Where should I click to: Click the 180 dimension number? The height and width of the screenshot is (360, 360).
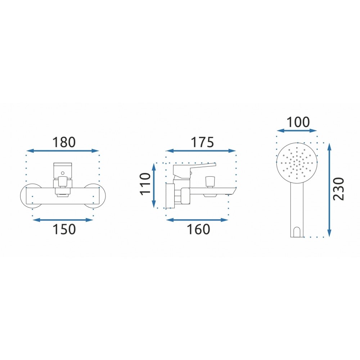[x=64, y=142]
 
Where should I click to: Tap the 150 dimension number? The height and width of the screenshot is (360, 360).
[x=64, y=229]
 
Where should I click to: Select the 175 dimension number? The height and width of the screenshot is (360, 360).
[x=202, y=142]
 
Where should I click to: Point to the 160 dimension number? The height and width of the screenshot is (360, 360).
[x=199, y=229]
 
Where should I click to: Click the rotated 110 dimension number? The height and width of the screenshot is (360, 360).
[x=145, y=184]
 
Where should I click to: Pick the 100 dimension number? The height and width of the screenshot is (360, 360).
[x=298, y=122]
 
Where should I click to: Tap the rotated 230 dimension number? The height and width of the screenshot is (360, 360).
[x=339, y=189]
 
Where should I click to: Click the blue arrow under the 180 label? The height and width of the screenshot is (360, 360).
[x=63, y=151]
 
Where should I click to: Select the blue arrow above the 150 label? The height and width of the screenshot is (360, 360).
[x=63, y=220]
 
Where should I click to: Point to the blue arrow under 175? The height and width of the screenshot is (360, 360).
[x=201, y=151]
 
